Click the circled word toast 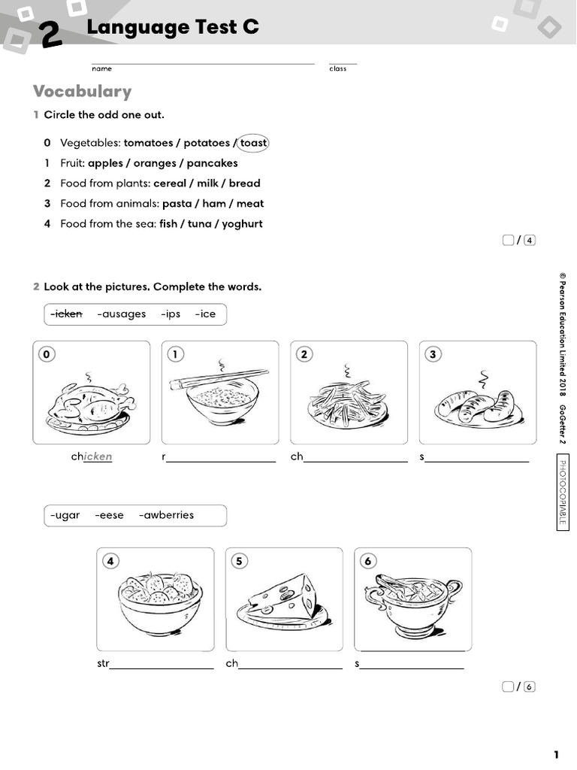(253, 143)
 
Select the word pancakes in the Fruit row (212, 163)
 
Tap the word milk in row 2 (207, 183)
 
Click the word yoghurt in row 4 (242, 224)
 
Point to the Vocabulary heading (82, 92)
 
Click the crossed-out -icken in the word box (66, 314)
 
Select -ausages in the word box (122, 314)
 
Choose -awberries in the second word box (167, 516)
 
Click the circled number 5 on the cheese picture (240, 561)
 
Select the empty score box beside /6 (509, 687)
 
